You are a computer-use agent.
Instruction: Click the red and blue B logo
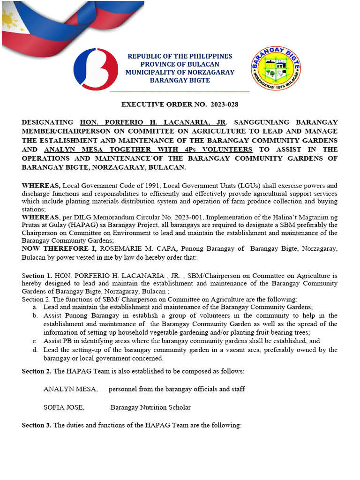[x=96, y=69]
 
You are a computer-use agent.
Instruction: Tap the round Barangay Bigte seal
[x=276, y=69]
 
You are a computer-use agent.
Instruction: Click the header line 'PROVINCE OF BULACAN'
[x=180, y=64]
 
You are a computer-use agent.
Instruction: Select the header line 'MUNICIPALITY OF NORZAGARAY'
[x=180, y=72]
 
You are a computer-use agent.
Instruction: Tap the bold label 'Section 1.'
[x=37, y=276]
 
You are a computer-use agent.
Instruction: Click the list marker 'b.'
[x=35, y=315]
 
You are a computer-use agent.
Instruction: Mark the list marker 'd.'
[x=35, y=350]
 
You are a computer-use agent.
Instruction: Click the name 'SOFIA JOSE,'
[x=64, y=407]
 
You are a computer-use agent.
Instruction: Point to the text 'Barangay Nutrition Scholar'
[x=150, y=407]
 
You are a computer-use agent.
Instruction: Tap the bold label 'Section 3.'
[x=37, y=425]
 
